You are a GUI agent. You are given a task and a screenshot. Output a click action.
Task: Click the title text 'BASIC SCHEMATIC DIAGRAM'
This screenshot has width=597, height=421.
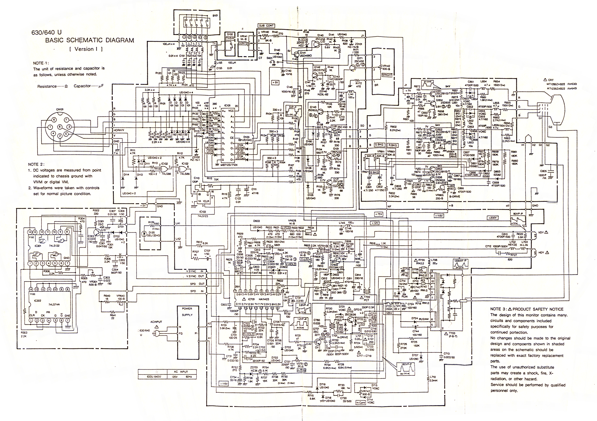pos(90,40)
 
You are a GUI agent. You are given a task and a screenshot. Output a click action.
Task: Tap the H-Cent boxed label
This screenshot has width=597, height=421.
pos(361,403)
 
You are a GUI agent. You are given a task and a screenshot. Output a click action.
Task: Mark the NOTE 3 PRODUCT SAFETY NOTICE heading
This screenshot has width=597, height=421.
pos(527,309)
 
